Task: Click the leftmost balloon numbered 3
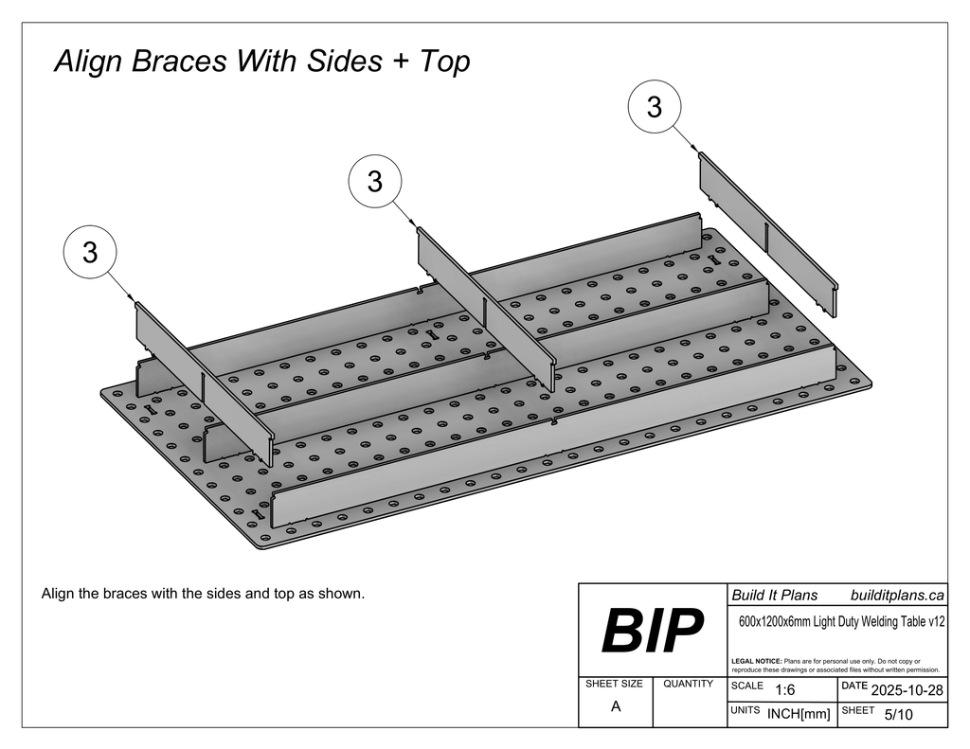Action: click(x=89, y=253)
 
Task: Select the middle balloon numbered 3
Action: click(x=375, y=181)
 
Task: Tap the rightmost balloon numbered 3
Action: click(x=654, y=107)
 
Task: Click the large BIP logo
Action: click(x=653, y=632)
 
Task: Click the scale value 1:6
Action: click(x=784, y=690)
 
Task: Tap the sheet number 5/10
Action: click(x=898, y=715)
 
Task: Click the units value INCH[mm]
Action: click(x=799, y=715)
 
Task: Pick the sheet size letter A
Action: click(x=616, y=707)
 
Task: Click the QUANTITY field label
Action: click(x=689, y=684)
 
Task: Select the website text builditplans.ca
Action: click(x=897, y=596)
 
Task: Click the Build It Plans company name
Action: click(x=774, y=596)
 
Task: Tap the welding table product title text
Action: click(x=840, y=622)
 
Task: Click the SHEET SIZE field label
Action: click(x=614, y=684)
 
